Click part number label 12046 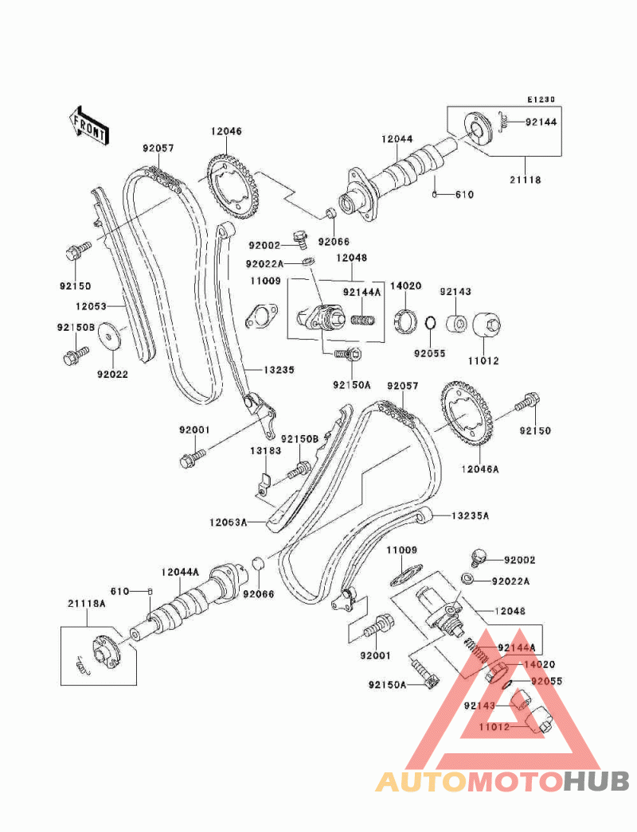pos(226,131)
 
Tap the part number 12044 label pos(397,138)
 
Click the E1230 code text pos(541,100)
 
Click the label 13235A pos(470,515)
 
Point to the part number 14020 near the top pos(405,286)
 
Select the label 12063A pos(229,523)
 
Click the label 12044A pos(180,571)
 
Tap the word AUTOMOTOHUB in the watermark pos(502,782)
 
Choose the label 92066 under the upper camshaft pos(334,240)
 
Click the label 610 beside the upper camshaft pos(464,195)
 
